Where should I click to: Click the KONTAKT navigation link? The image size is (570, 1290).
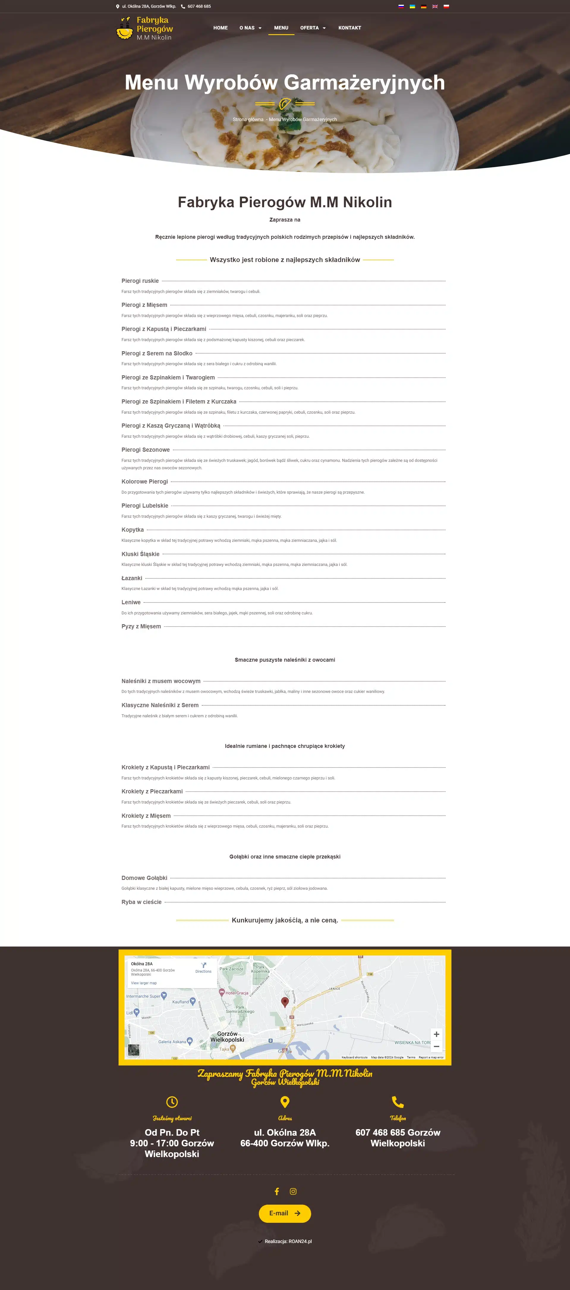[349, 28]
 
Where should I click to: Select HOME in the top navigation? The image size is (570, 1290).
[220, 28]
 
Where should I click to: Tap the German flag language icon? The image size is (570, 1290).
[423, 7]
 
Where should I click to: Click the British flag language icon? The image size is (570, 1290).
[435, 7]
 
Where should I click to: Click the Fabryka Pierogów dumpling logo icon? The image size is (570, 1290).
[125, 29]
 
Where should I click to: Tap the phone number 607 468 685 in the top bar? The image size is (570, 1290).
[199, 7]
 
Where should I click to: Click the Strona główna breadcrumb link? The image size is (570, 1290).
[248, 120]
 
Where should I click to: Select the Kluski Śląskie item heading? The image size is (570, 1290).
[141, 554]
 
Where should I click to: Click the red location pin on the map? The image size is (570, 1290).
[285, 1001]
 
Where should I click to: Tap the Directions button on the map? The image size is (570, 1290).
[203, 968]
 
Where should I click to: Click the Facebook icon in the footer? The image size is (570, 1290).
[277, 1191]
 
